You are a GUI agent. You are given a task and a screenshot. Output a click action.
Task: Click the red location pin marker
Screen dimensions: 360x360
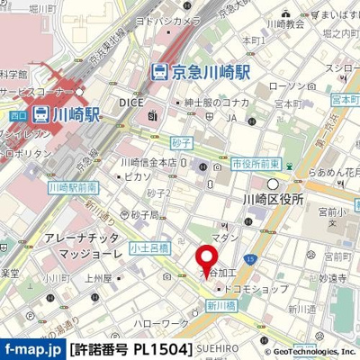tap(208, 256)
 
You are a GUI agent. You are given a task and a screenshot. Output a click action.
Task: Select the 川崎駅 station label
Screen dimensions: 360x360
tap(60, 114)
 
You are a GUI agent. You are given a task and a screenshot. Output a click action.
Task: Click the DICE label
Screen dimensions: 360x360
tap(130, 103)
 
